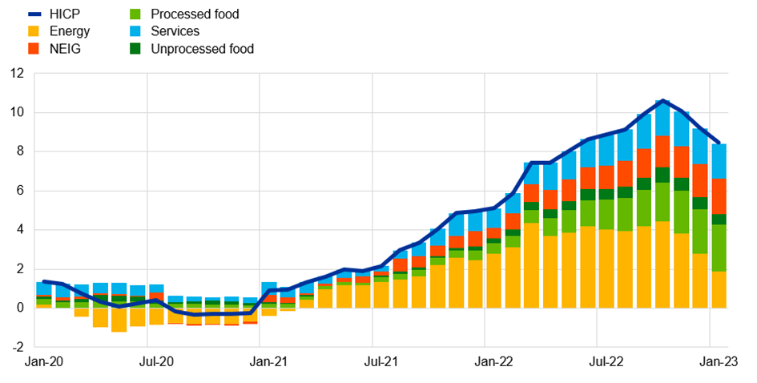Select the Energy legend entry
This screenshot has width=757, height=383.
point(69,31)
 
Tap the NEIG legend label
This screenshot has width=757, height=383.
point(64,49)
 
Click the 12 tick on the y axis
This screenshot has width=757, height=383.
point(17,74)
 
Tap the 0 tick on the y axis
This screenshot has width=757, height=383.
point(21,308)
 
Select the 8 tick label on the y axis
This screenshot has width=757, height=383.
point(21,151)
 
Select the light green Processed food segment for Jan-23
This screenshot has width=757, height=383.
point(719,248)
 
